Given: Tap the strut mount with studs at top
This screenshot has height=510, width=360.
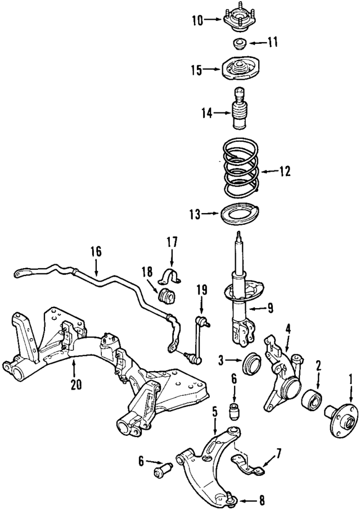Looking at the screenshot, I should tap(238, 21).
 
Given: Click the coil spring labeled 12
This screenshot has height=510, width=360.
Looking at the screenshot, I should tap(240, 169).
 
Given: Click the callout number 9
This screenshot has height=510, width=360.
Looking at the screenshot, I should tap(270, 308).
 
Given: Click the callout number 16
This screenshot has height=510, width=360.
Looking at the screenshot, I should tap(96, 251).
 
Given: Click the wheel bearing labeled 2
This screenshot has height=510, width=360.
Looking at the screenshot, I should tap(310, 401).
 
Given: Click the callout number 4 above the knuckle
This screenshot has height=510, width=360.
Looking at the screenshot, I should tap(287, 328).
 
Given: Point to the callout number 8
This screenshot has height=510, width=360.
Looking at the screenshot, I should tap(262, 499).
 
